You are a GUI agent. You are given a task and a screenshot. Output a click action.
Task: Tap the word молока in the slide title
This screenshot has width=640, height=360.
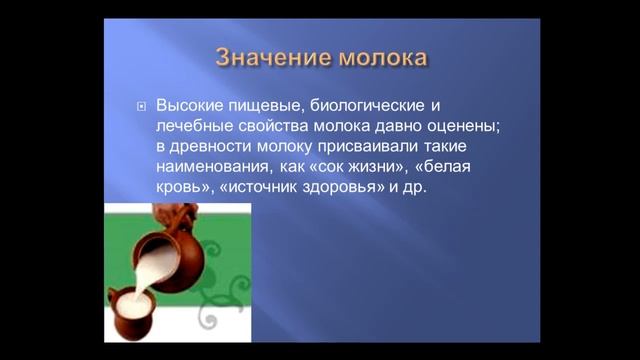(381, 56)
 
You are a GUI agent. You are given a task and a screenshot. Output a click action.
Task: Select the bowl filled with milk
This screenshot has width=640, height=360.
(135, 310)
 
